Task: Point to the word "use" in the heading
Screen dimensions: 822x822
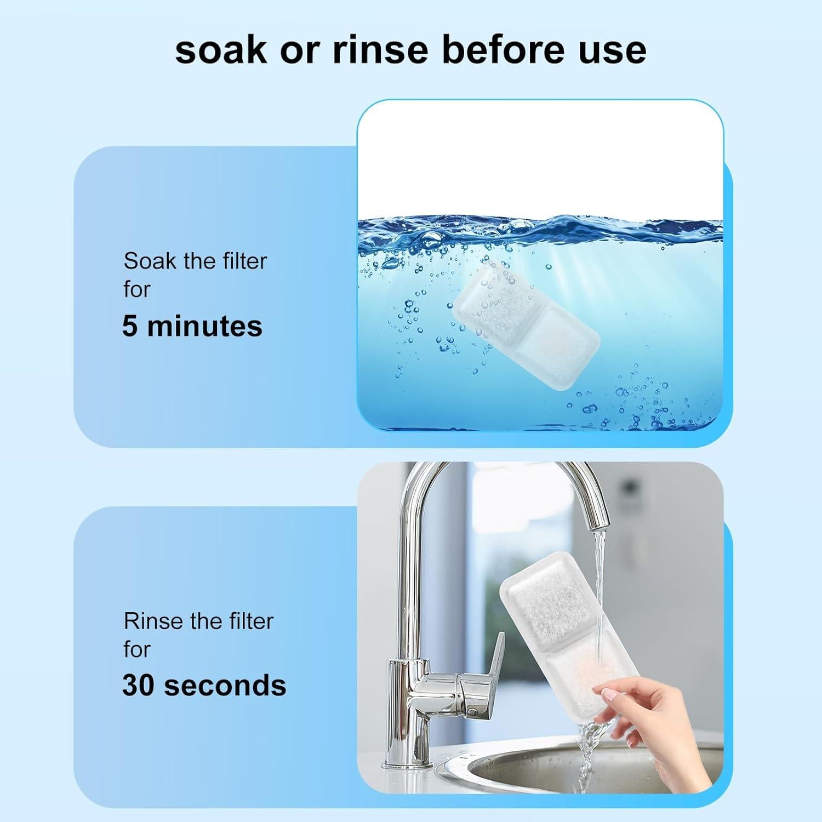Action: pos(615,50)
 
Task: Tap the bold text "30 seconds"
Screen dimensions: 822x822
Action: pos(204,685)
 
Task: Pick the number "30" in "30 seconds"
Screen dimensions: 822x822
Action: pos(138,685)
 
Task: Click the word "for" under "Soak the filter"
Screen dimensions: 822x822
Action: pos(136,289)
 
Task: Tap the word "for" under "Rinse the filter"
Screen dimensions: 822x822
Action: pos(136,649)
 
